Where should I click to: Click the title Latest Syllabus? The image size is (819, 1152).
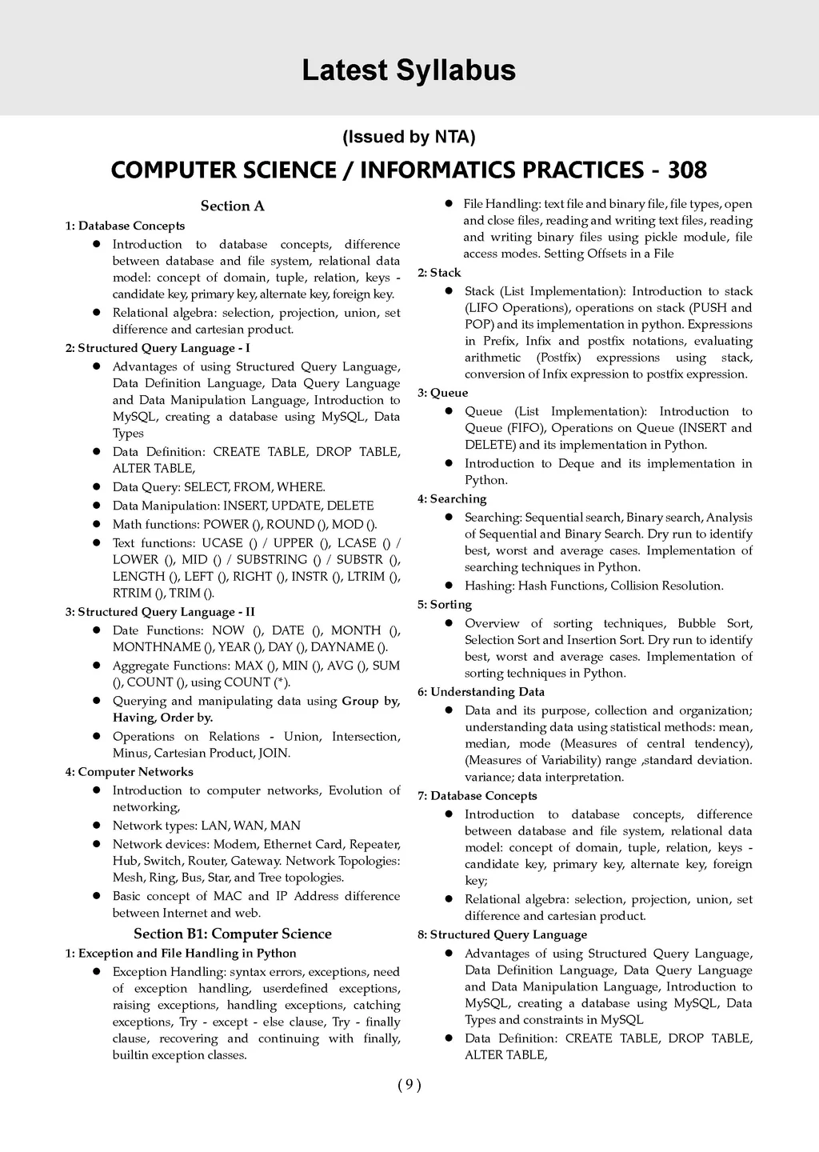[x=409, y=71]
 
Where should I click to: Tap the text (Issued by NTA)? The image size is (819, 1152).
[x=409, y=137]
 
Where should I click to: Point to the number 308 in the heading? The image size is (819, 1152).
[x=687, y=170]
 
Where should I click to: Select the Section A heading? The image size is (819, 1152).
[x=232, y=206]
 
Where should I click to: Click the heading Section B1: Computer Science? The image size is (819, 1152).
[x=232, y=934]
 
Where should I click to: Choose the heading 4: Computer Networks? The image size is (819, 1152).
[x=129, y=772]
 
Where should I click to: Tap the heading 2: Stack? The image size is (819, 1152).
[x=439, y=273]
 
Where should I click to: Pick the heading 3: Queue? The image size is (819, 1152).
[x=442, y=393]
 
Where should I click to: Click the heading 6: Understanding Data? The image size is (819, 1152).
[x=481, y=692]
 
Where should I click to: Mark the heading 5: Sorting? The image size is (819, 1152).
[x=444, y=605]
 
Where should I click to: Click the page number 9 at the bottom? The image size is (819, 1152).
[x=409, y=1085]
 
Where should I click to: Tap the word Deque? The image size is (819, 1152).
[x=576, y=464]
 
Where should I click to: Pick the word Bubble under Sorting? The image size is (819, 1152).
[x=697, y=623]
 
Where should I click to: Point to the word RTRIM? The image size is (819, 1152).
[x=132, y=593]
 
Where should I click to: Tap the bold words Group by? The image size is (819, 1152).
[x=370, y=701]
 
